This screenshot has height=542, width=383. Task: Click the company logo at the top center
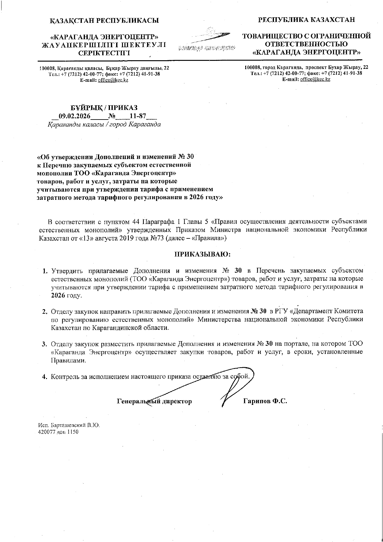(206, 40)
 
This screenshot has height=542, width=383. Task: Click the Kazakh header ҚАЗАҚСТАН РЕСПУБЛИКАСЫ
(104, 21)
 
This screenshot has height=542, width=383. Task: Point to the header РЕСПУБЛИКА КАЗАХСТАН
(306, 20)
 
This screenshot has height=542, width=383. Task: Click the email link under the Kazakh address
(113, 80)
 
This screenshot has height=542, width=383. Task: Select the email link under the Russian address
(315, 79)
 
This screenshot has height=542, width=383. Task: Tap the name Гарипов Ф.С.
(265, 401)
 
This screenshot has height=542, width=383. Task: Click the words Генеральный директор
(154, 401)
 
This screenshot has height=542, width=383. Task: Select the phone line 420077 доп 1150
(58, 432)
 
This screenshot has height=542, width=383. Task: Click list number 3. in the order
(45, 344)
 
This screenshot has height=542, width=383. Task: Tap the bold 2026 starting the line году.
(58, 295)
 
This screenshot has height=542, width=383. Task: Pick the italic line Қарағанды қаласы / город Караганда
(104, 125)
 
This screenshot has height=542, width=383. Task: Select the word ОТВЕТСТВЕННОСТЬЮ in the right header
(307, 44)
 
